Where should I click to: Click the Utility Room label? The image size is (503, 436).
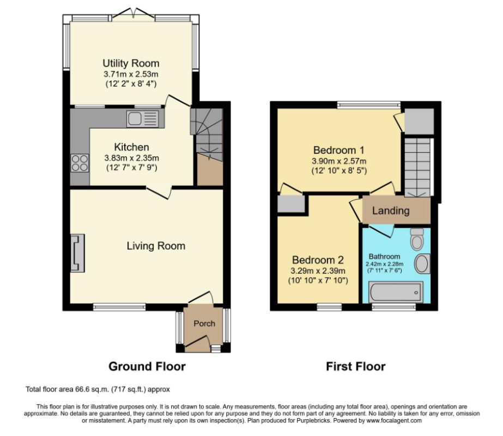(131, 64)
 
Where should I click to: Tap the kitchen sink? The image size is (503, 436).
(143, 118)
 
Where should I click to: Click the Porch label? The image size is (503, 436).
(204, 323)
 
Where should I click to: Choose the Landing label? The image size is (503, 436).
(391, 211)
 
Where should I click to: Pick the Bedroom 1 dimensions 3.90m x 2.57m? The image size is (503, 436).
(339, 161)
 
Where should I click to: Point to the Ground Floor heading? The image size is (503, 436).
(147, 366)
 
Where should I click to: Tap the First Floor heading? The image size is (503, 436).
(355, 366)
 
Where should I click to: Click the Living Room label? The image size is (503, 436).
(156, 246)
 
